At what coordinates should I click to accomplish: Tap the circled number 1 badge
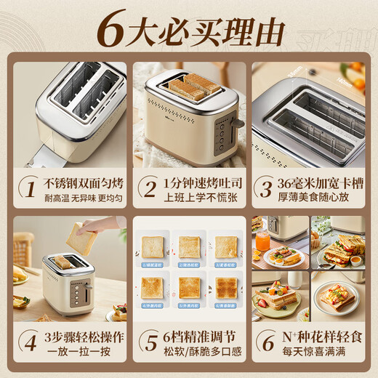29,188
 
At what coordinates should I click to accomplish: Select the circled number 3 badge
264,188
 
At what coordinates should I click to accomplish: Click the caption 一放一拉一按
76,351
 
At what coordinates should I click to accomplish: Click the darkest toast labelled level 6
226,288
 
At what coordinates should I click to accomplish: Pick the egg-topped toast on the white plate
336,297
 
